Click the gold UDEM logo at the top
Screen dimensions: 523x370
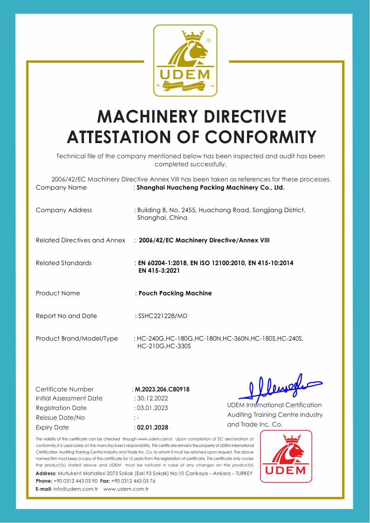click(185, 61)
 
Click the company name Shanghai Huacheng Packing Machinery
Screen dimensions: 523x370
click(210, 187)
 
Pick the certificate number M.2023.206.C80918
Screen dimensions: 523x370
click(162, 389)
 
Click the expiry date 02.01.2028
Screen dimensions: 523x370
click(151, 427)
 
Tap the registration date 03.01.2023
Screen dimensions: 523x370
click(151, 408)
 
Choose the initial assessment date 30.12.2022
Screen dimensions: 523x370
click(151, 398)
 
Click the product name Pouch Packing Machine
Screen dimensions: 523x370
click(175, 293)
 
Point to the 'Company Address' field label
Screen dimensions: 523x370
click(64, 210)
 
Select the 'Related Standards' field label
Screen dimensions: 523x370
click(63, 263)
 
